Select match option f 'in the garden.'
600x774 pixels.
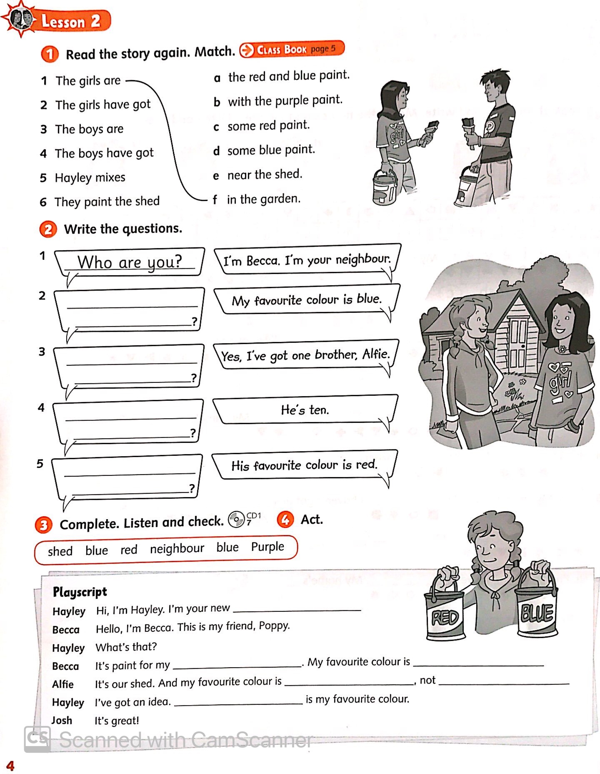click(x=263, y=199)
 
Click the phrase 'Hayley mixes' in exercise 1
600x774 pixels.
click(x=90, y=178)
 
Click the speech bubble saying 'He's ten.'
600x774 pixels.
click(x=305, y=410)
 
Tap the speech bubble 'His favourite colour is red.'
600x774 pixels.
click(x=304, y=465)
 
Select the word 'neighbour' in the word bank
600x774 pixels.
click(x=177, y=548)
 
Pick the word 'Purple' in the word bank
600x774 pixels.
click(x=267, y=547)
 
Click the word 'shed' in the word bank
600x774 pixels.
click(x=60, y=551)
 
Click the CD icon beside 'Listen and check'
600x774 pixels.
click(x=236, y=520)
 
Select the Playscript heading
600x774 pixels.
click(x=80, y=592)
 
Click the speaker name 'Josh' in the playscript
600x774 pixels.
click(x=62, y=720)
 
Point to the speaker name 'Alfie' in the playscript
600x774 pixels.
click(x=62, y=684)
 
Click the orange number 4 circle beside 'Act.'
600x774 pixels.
click(x=285, y=520)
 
